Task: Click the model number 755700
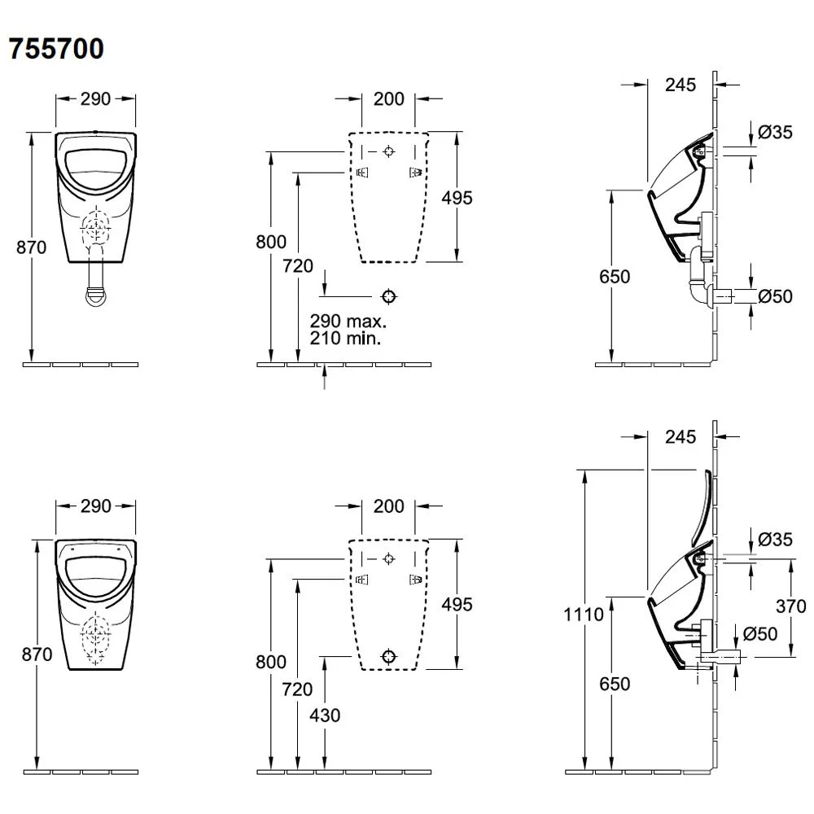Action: pos(56,49)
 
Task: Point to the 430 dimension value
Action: pos(324,716)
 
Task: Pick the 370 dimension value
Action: pos(790,606)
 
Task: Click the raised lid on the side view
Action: pos(702,506)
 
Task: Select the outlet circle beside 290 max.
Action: pos(389,295)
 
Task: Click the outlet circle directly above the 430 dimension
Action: pos(389,656)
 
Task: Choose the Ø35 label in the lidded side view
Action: pos(774,538)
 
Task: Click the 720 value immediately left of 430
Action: pos(297,689)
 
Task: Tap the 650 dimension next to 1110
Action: pos(615,684)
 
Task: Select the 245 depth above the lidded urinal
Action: pos(680,437)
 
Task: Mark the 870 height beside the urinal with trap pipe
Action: pos(32,247)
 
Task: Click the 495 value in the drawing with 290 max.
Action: pos(456,197)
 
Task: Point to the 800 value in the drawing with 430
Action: pos(270,662)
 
